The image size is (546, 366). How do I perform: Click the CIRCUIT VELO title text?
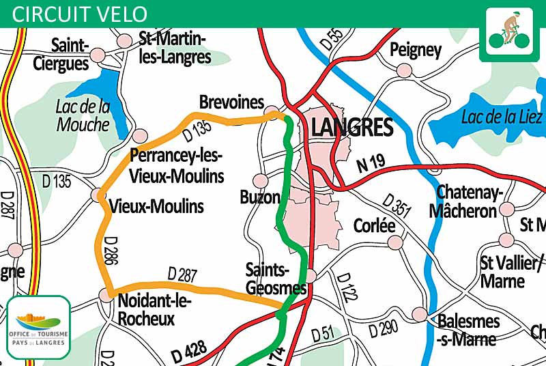(x=80, y=14)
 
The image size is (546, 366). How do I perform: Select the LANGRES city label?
(x=351, y=127)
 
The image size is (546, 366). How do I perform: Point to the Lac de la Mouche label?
(x=83, y=115)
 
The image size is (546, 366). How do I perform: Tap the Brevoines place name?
(x=231, y=102)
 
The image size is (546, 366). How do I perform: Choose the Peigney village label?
(x=416, y=50)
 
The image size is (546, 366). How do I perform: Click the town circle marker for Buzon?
(x=260, y=180)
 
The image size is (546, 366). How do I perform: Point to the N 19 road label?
(x=371, y=163)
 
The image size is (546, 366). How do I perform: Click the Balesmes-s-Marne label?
(x=467, y=329)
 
